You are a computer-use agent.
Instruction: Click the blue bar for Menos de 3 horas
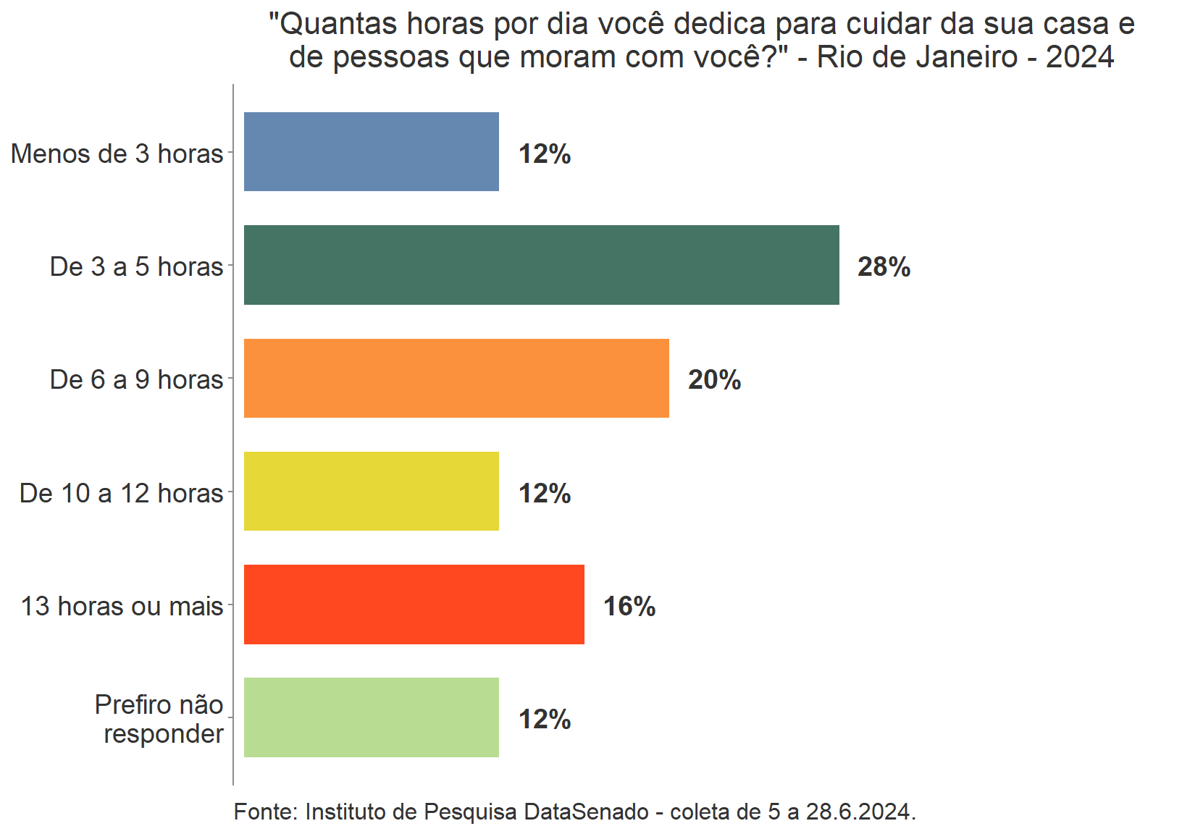(x=371, y=152)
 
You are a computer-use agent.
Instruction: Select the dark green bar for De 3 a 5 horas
(x=541, y=265)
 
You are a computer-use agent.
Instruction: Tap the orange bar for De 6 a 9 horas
(x=456, y=378)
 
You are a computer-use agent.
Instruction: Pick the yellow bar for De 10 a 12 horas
(x=371, y=492)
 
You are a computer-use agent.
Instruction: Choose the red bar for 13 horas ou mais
(x=414, y=605)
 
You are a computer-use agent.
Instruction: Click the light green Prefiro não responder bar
(x=371, y=717)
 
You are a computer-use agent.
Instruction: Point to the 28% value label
(x=884, y=267)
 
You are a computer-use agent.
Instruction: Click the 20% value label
(x=714, y=380)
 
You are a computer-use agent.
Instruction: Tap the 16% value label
(x=629, y=607)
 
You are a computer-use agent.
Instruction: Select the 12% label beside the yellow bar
(x=545, y=494)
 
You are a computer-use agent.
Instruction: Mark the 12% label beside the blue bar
(x=545, y=154)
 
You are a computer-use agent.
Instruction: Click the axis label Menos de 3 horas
(x=117, y=154)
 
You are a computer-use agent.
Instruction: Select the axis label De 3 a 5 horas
(x=136, y=267)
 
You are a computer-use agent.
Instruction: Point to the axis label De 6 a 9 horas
(x=136, y=380)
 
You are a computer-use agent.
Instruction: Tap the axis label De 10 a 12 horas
(x=121, y=494)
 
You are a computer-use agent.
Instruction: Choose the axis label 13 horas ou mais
(x=122, y=607)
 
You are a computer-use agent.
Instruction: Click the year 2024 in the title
(x=1080, y=57)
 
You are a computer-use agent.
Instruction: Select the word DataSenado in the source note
(x=586, y=812)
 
